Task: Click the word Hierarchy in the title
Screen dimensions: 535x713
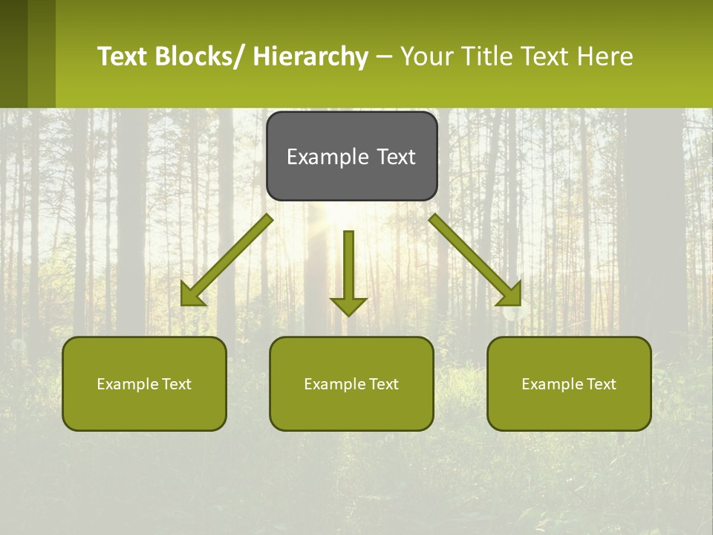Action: point(310,56)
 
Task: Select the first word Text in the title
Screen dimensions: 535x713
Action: point(123,56)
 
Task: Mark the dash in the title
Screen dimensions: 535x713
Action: point(384,56)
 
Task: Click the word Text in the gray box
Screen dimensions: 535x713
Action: point(396,157)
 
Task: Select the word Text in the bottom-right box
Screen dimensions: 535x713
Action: point(601,384)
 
